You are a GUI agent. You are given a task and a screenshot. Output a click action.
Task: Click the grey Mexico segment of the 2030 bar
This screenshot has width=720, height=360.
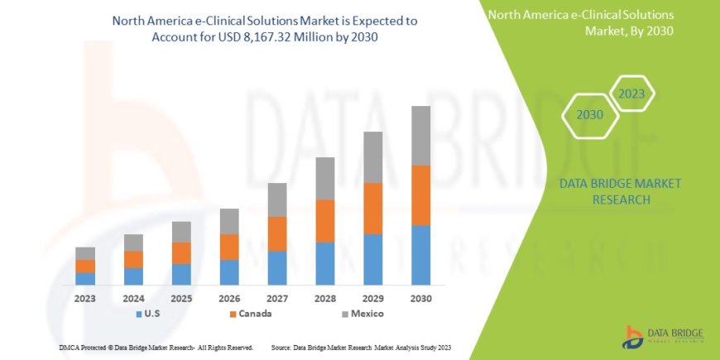(420, 136)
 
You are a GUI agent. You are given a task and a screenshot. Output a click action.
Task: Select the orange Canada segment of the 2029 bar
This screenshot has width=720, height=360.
(373, 209)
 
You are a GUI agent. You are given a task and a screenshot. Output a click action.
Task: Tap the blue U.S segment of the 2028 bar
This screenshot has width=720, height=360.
(325, 263)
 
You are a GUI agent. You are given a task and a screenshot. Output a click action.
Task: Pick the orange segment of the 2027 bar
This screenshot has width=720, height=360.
(277, 234)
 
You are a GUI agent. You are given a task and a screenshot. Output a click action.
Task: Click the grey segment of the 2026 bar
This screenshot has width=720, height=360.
(229, 221)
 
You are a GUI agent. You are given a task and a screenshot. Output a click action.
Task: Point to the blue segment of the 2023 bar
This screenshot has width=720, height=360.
(85, 278)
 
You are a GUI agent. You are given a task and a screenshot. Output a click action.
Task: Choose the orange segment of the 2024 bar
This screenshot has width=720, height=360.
(133, 259)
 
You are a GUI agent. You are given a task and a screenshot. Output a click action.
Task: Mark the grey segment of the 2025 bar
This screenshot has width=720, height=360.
(181, 232)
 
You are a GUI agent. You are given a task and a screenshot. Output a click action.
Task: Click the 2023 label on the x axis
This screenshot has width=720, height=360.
(85, 298)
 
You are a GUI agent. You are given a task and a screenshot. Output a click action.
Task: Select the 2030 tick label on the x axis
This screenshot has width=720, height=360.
(420, 298)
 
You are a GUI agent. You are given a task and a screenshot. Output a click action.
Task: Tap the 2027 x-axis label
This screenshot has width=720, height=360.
(277, 298)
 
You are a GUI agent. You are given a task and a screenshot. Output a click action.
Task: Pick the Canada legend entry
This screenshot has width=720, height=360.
(250, 314)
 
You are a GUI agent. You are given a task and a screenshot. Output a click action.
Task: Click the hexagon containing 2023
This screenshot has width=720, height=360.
(632, 94)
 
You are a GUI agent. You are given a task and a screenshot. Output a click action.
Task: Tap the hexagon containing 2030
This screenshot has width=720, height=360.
(589, 115)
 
